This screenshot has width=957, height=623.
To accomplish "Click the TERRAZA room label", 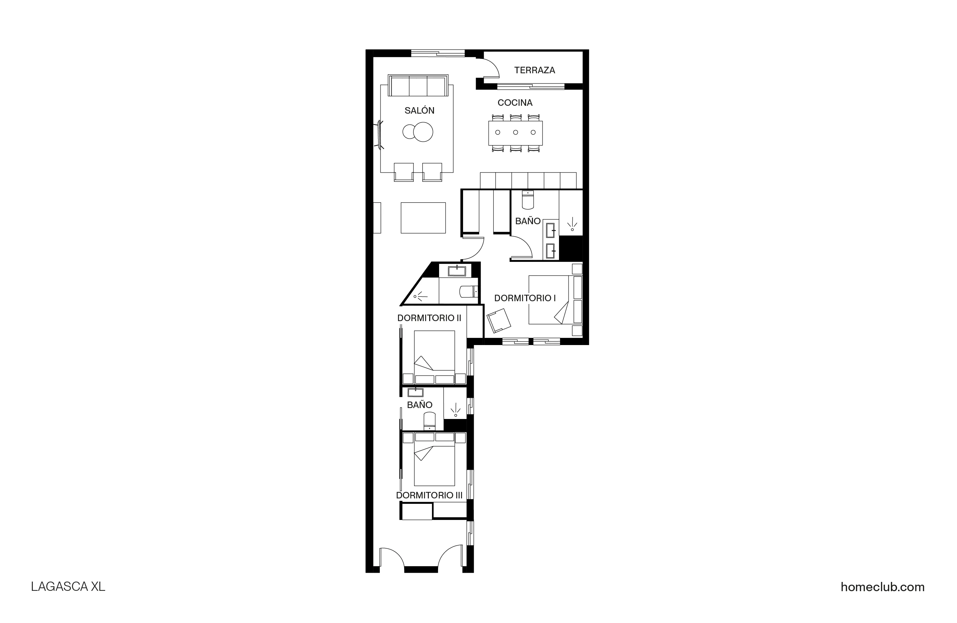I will click(x=534, y=70).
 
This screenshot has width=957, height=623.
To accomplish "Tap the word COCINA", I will click(x=515, y=103).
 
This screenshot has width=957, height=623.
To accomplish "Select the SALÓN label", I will click(x=419, y=111).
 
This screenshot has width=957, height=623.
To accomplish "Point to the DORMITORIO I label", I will click(x=525, y=298).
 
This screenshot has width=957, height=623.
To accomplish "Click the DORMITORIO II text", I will click(x=429, y=318).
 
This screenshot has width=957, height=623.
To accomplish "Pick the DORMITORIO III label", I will click(x=429, y=495).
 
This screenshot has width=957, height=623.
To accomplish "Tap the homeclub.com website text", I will click(x=882, y=587).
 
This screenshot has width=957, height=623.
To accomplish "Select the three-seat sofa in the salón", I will click(x=418, y=86).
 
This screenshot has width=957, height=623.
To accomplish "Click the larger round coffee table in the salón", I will click(x=423, y=132).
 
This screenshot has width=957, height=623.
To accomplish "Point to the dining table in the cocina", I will click(x=515, y=132).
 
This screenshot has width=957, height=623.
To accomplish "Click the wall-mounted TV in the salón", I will click(x=379, y=135).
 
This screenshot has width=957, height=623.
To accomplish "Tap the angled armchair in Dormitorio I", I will click(x=499, y=320).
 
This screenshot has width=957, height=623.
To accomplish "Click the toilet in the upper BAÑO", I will click(x=527, y=201).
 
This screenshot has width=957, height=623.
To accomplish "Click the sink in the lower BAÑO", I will click(x=415, y=392).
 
